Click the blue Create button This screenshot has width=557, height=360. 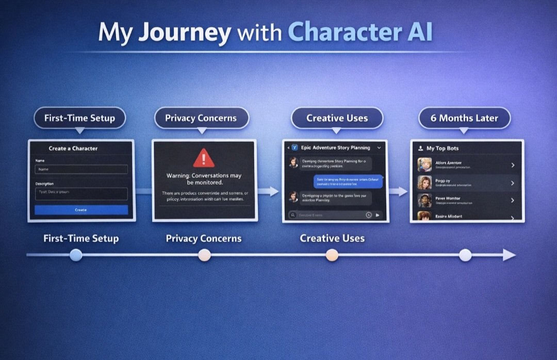coord(81,210)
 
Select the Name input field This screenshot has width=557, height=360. coord(81,169)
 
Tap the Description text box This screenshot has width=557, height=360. coord(81,193)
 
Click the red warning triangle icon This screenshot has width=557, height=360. coord(204,158)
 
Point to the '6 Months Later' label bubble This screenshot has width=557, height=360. coord(464,118)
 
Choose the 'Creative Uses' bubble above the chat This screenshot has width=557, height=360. coord(337,118)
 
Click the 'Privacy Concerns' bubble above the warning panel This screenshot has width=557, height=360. coord(201,118)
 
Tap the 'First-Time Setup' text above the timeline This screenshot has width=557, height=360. coord(81,238)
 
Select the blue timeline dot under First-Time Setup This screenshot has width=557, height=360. coord(76,255)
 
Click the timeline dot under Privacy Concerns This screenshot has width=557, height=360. coord(204,255)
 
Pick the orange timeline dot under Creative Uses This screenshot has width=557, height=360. coord(332,255)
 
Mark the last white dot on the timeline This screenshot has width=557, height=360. coord(465,255)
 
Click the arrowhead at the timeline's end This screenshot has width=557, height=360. coord(509,255)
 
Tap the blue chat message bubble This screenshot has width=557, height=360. coord(348,181)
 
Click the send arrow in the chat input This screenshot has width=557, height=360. coord(378,215)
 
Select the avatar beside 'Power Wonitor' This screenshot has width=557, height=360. coord(425,201)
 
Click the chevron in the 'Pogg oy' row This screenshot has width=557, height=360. coord(513,183)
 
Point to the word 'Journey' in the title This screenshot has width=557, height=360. coord(185,32)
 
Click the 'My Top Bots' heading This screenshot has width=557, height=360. coord(443,149)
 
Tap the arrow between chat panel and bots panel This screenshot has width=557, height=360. coord(398,192)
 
